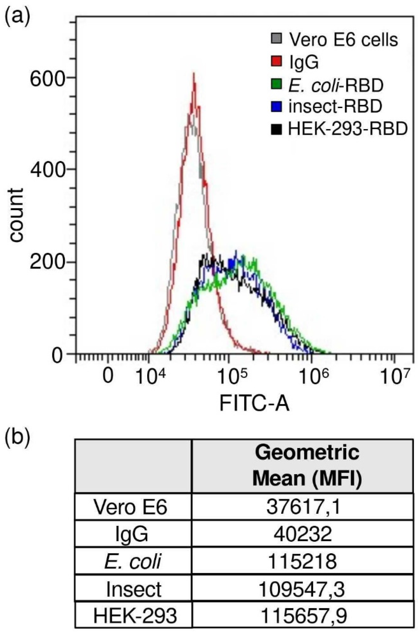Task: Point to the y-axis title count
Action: pyautogui.click(x=17, y=215)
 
